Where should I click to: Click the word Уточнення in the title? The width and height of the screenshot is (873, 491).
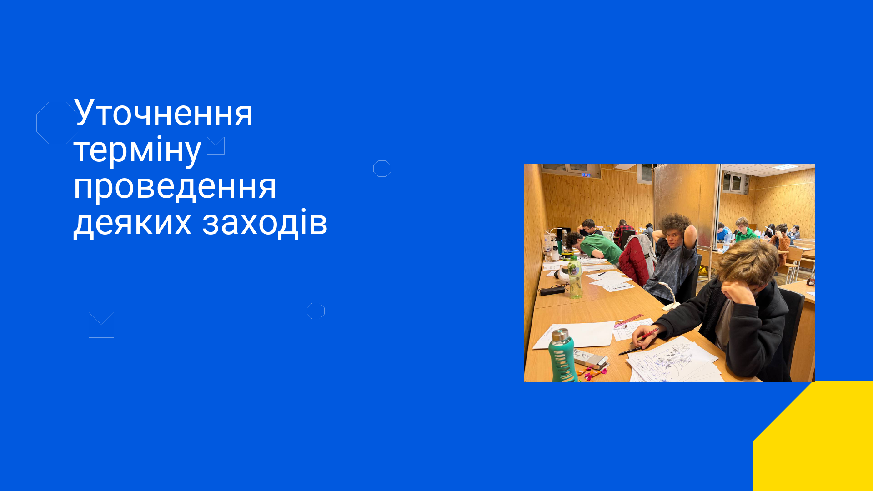pyautogui.click(x=163, y=113)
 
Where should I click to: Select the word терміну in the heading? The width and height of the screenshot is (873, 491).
pyautogui.click(x=137, y=150)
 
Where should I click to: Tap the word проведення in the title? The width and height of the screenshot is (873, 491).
pyautogui.click(x=175, y=187)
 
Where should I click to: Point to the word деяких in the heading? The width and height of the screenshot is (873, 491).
pyautogui.click(x=132, y=223)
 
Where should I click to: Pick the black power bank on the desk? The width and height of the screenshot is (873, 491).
pyautogui.click(x=552, y=291)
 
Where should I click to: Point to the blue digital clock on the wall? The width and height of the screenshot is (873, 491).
pyautogui.click(x=586, y=175)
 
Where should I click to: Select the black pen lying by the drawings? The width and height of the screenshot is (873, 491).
pyautogui.click(x=630, y=351)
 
